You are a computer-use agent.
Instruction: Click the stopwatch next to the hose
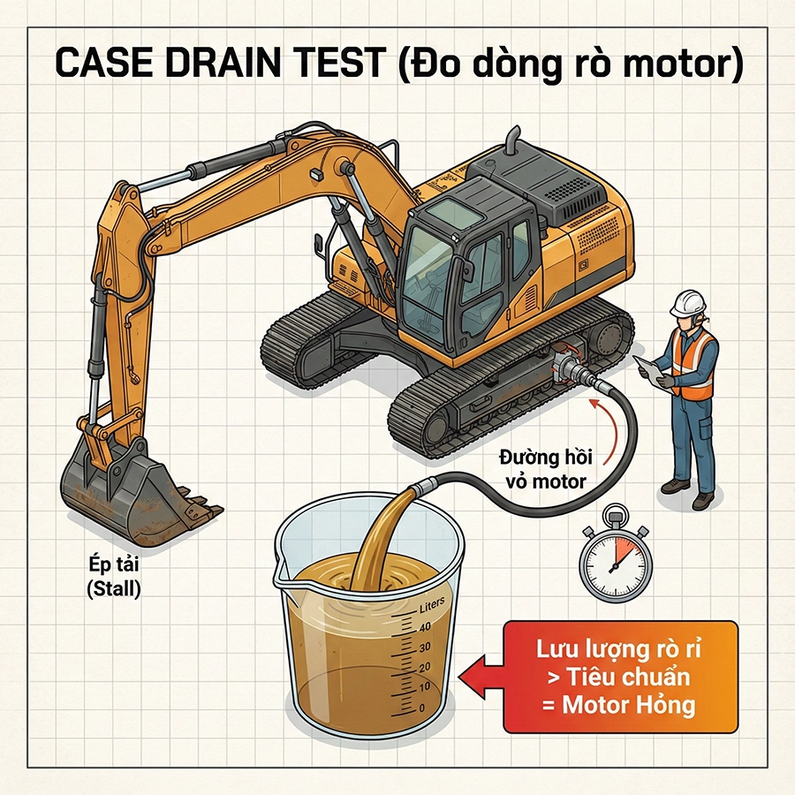[x=616, y=558]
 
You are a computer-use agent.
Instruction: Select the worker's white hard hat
[x=685, y=302]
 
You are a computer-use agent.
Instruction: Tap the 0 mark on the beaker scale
[x=420, y=708]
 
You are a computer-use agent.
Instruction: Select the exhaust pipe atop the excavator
[x=511, y=141]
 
